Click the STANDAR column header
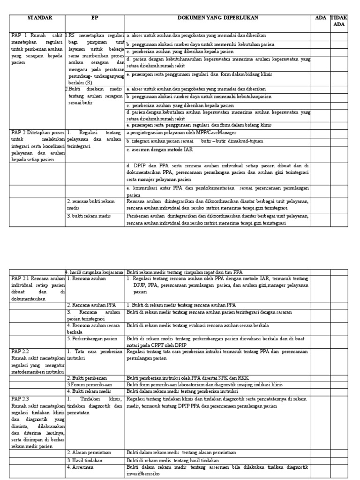tap(40, 18)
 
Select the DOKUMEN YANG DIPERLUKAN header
tap(217, 18)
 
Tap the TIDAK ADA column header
tap(339, 21)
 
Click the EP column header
tap(95, 18)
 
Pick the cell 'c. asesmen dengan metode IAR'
tap(160, 150)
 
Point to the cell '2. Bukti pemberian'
tap(87, 378)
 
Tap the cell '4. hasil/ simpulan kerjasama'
tap(94, 272)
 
